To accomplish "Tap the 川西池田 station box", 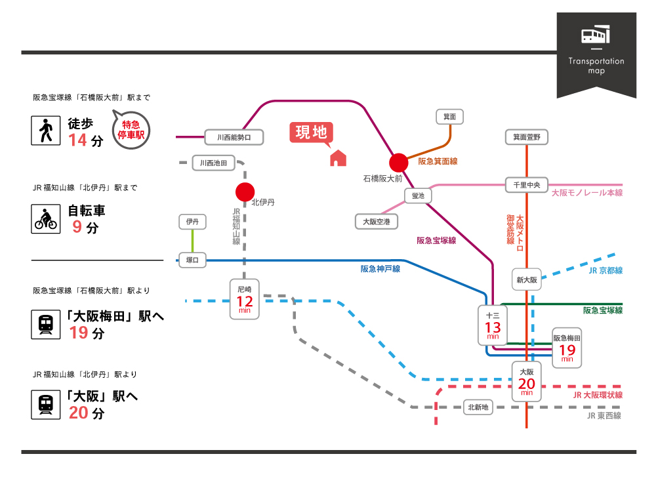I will click(x=213, y=163).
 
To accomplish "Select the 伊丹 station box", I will click(x=192, y=222).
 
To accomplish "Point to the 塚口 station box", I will click(x=192, y=260).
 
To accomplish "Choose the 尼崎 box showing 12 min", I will click(x=245, y=299).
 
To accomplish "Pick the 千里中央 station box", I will click(x=527, y=185).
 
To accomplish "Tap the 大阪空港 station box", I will click(x=377, y=222).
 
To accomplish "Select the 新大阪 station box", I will click(x=527, y=280).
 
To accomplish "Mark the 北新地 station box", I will click(x=478, y=407).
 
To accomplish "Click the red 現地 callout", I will click(x=311, y=133).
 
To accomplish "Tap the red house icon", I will click(x=337, y=158).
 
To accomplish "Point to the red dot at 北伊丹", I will click(x=245, y=192).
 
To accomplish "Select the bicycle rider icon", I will click(x=45, y=219).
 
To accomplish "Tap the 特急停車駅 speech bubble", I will click(x=131, y=129).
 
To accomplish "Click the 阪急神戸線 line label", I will click(x=380, y=268).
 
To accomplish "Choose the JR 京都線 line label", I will click(x=605, y=270).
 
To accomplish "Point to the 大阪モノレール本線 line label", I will click(x=586, y=193).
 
